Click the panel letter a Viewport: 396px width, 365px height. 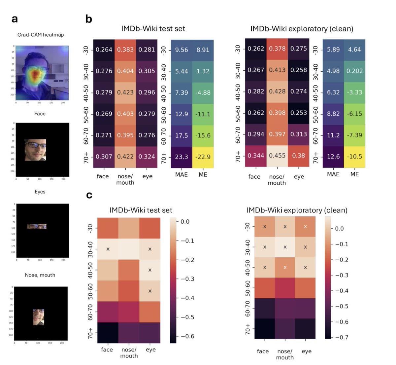click(x=15, y=19)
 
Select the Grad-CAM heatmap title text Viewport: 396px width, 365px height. click(x=41, y=35)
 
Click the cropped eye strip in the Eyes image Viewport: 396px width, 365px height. click(x=37, y=226)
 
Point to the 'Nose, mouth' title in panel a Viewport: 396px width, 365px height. click(x=40, y=275)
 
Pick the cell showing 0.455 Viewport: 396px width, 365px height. click(x=277, y=155)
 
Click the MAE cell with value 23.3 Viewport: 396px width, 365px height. click(x=181, y=157)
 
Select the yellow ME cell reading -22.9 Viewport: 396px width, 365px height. click(x=203, y=157)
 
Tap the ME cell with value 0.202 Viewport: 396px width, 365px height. click(x=354, y=71)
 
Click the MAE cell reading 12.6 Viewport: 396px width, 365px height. click(x=333, y=156)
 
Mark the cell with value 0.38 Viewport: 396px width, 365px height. click(x=299, y=155)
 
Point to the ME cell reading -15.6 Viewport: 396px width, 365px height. click(x=203, y=135)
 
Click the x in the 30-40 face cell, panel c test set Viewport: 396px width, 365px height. click(x=108, y=249)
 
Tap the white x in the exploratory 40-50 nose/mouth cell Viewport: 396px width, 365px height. click(x=285, y=267)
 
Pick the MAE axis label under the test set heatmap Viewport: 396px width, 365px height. click(x=181, y=174)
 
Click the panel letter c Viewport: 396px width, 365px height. click(x=89, y=195)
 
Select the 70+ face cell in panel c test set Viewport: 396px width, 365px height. click(x=108, y=333)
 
